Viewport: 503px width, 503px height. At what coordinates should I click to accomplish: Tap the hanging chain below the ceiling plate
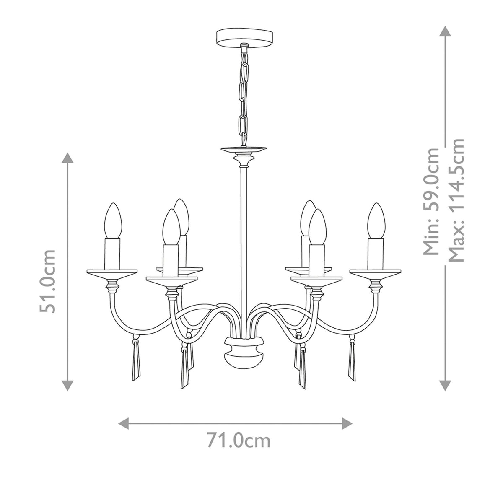point(242,94)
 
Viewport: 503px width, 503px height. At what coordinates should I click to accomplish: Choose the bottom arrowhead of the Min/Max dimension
point(445,385)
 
